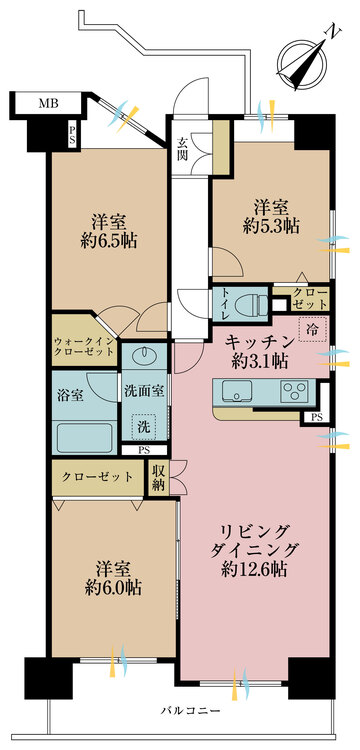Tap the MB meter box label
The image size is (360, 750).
click(47, 103)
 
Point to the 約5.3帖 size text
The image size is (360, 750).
click(273, 226)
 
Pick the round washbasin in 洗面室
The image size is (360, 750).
click(140, 356)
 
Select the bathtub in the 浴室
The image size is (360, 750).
click(83, 435)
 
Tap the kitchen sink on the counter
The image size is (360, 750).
click(237, 389)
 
